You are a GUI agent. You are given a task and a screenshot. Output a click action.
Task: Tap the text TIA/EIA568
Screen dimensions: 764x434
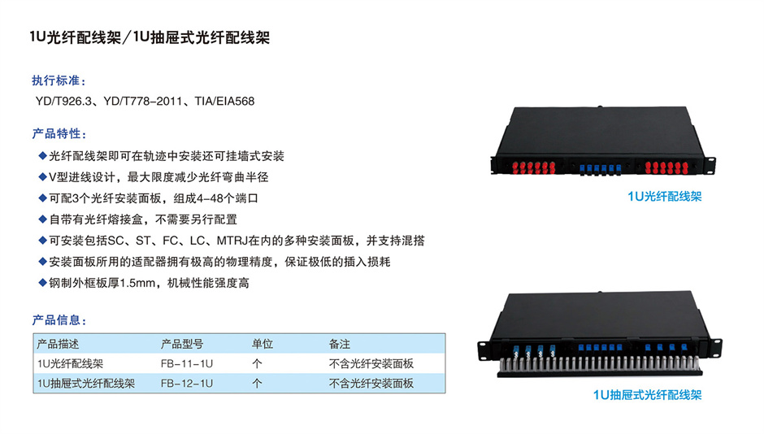(x=224, y=102)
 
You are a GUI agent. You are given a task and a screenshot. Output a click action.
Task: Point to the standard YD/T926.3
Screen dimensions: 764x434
(x=63, y=102)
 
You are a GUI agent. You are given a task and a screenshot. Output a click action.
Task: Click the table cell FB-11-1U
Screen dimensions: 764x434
(x=187, y=364)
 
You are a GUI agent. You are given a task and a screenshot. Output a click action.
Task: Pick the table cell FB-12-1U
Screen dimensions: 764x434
(x=187, y=384)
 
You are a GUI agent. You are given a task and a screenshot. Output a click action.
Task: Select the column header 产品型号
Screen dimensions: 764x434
(x=182, y=344)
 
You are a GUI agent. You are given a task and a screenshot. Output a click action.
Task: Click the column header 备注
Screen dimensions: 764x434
(x=340, y=344)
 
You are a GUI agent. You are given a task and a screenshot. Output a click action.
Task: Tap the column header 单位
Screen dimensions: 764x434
(x=263, y=344)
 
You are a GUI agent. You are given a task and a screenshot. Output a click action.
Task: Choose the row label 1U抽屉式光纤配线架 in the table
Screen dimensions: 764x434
(x=86, y=384)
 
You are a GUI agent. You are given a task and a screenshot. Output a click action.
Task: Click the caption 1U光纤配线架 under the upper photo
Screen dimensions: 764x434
(x=665, y=197)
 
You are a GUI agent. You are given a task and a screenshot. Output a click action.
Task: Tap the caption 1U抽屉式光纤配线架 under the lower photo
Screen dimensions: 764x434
(x=647, y=394)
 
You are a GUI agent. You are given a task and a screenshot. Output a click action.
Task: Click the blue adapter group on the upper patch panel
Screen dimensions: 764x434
(x=601, y=168)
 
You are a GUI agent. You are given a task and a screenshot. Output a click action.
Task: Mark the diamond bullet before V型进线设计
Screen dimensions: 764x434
(x=42, y=176)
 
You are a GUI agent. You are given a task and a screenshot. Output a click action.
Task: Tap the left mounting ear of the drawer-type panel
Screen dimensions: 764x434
(x=484, y=349)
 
